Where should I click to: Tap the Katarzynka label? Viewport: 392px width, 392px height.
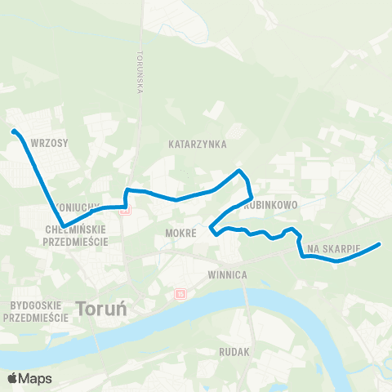pyautogui.click(x=197, y=144)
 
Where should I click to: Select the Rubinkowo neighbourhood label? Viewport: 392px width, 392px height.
pyautogui.click(x=274, y=205)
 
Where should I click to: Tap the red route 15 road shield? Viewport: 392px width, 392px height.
pyautogui.click(x=179, y=294)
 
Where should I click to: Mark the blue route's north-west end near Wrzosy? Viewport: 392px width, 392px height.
pyautogui.click(x=13, y=131)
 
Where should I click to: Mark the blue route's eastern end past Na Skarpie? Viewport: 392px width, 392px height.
pyautogui.click(x=380, y=244)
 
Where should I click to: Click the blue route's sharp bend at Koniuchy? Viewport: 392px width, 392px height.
pyautogui.click(x=63, y=226)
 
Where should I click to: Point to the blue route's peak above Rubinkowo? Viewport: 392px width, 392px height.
pyautogui.click(x=238, y=171)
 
